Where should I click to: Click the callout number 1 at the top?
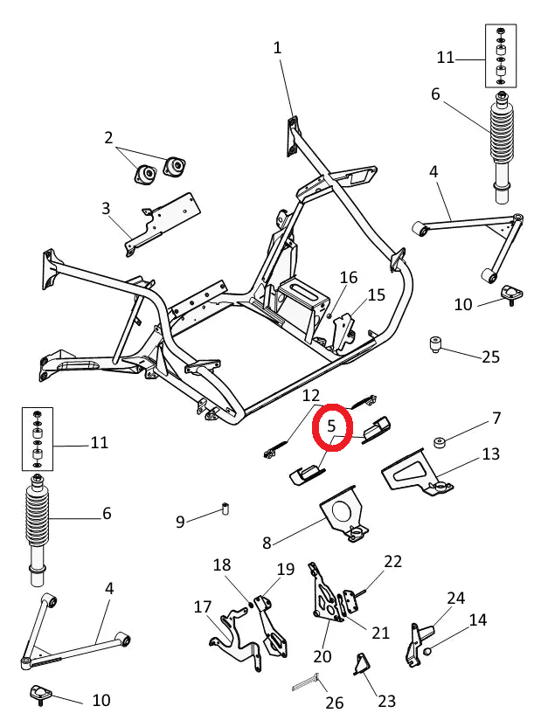(x=278, y=47)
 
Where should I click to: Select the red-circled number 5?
(x=332, y=426)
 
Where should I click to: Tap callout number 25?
(x=490, y=357)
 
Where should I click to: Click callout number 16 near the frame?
(x=349, y=278)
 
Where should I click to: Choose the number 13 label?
(x=490, y=454)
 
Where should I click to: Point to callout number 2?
(x=108, y=137)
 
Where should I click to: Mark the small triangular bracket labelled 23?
(x=359, y=666)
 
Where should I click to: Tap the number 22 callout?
(x=392, y=561)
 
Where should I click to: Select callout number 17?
(x=203, y=606)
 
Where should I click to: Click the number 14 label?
(x=478, y=620)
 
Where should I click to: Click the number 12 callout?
(x=312, y=396)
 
